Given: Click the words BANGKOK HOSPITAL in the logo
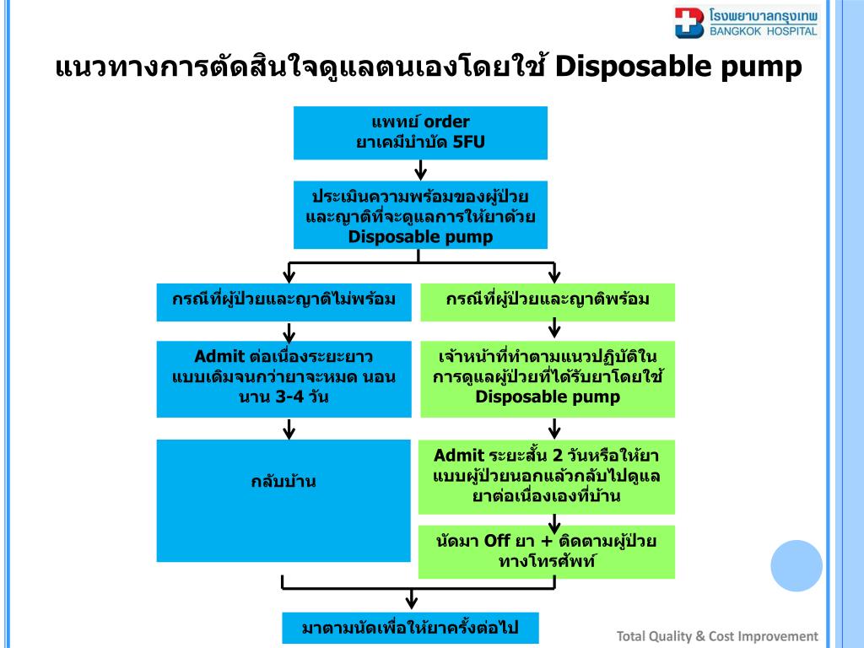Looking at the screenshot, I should (x=764, y=31).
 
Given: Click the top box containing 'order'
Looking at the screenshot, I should (x=420, y=132).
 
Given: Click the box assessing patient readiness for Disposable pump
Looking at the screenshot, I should (x=420, y=215).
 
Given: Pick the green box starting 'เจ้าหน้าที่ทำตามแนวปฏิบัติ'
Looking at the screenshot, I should (x=548, y=378).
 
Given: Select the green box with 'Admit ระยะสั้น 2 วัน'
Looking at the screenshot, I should (x=547, y=477).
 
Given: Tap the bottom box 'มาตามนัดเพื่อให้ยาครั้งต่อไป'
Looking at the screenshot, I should (x=410, y=628).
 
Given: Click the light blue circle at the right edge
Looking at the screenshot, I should (x=796, y=565).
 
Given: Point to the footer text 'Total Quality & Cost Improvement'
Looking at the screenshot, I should (x=717, y=636).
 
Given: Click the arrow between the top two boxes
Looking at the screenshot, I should (x=420, y=170).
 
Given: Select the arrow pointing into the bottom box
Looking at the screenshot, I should (x=411, y=600).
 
